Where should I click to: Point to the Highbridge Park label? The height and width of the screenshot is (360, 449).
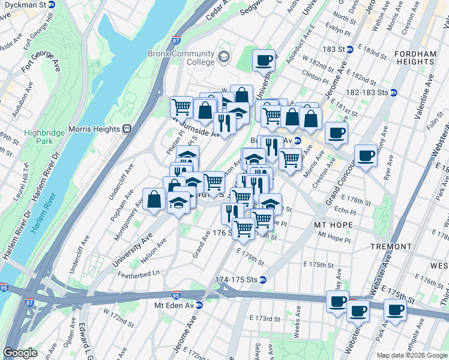tap(40, 137)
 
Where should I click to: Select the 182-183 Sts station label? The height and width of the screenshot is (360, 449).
tap(368, 92)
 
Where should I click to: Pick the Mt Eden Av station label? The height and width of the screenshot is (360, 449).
tap(175, 305)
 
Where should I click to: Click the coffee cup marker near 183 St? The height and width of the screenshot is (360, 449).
tap(264, 61)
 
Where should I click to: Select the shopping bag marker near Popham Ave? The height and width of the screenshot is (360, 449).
tap(154, 200)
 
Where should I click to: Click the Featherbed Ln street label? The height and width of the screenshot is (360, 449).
tap(139, 272)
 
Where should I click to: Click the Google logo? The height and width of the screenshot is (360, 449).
tap(20, 353)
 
